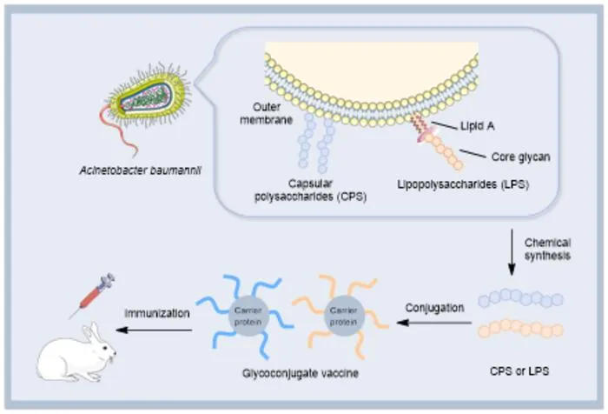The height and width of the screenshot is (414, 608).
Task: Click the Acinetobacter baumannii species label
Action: (x=140, y=170)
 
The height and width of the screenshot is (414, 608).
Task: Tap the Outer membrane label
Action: (x=266, y=113)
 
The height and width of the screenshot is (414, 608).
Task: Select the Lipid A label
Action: (x=478, y=126)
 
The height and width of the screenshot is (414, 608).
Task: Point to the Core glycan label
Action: (x=521, y=157)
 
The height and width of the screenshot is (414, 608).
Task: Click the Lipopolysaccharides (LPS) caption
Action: (x=463, y=184)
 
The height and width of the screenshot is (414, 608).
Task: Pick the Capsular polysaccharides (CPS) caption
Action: (x=311, y=190)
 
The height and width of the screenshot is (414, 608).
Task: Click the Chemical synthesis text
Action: (x=547, y=250)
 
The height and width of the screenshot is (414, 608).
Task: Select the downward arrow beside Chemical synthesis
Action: (x=512, y=252)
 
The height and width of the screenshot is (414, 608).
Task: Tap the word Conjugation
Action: (x=434, y=308)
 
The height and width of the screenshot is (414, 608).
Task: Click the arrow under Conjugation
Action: (x=434, y=323)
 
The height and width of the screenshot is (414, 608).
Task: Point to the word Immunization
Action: (x=157, y=313)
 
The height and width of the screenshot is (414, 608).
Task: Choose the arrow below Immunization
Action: (x=154, y=331)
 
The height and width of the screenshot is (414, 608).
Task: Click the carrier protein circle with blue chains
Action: (x=248, y=316)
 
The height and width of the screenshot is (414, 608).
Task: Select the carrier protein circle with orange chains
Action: (x=344, y=316)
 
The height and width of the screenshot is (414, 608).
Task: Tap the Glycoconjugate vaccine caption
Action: (x=301, y=373)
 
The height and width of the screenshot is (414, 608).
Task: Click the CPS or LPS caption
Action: (x=519, y=371)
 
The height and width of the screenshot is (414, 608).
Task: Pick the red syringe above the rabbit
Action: (x=92, y=295)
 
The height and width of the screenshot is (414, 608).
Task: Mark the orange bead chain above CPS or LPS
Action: (x=521, y=329)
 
